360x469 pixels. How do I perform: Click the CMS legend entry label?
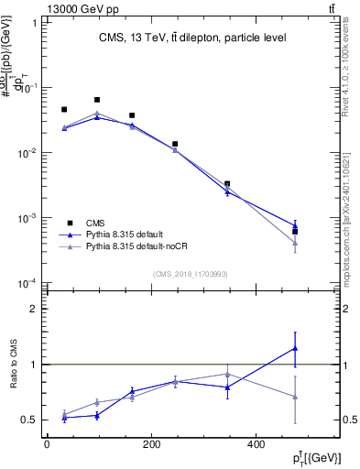pyautogui.click(x=96, y=223)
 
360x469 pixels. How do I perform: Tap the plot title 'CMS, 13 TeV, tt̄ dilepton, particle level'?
pyautogui.click(x=191, y=38)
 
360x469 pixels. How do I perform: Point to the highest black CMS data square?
pyautogui.click(x=97, y=99)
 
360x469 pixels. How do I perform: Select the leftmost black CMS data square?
pyautogui.click(x=64, y=109)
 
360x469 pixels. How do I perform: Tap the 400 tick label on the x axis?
pyautogui.click(x=254, y=444)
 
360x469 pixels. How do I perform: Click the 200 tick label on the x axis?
pyautogui.click(x=150, y=444)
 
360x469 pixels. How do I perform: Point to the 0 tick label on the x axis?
pyautogui.click(x=47, y=444)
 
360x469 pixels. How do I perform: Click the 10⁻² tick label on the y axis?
pyautogui.click(x=28, y=153)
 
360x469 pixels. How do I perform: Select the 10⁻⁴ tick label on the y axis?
pyautogui.click(x=28, y=283)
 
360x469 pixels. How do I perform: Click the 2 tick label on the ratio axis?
pyautogui.click(x=34, y=309)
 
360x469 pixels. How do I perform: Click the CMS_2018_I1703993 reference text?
pyautogui.click(x=191, y=274)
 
